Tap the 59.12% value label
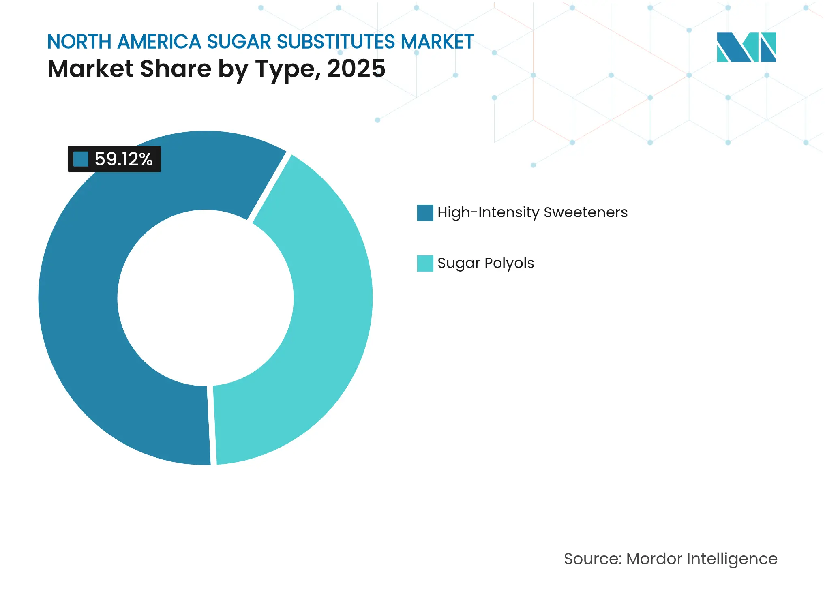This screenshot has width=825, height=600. [124, 159]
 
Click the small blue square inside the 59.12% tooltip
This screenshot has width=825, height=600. [81, 159]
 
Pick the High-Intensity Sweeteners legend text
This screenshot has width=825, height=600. [532, 212]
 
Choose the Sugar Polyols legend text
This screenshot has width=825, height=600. [486, 263]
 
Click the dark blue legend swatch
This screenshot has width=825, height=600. [425, 213]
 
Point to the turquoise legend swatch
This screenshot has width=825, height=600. [425, 264]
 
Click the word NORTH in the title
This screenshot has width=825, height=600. [79, 42]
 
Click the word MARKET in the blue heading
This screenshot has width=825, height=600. [437, 42]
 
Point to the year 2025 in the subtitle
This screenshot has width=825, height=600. [356, 69]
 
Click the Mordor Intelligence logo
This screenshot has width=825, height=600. [746, 47]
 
